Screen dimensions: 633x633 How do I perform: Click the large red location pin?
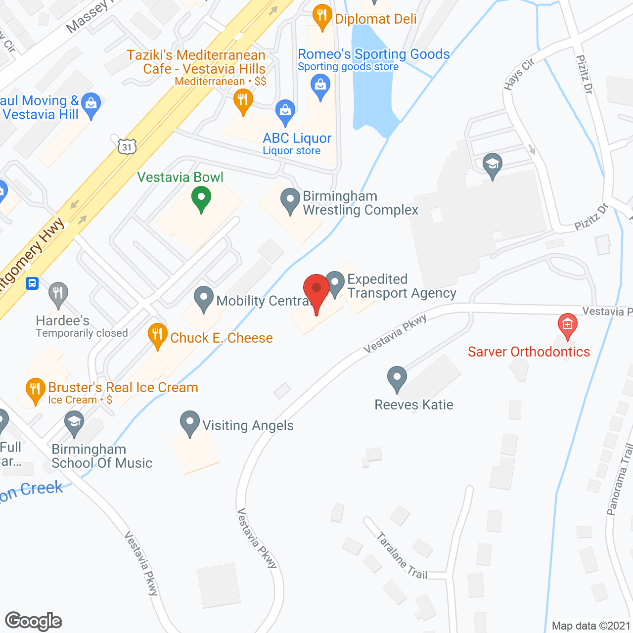[x=316, y=290]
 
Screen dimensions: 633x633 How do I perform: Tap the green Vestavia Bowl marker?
[x=201, y=200]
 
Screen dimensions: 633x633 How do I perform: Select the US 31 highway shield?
[x=127, y=147]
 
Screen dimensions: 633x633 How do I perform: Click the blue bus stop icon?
[x=32, y=283]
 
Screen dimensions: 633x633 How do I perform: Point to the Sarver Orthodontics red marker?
[x=567, y=325]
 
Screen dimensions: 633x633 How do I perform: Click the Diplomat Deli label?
[x=376, y=19]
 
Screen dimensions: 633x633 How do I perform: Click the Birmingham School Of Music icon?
[x=74, y=423]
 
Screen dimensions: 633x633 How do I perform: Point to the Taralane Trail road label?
[x=401, y=555]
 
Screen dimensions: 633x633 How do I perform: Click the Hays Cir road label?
[x=519, y=74]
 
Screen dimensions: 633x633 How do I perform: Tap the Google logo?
[x=34, y=621]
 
